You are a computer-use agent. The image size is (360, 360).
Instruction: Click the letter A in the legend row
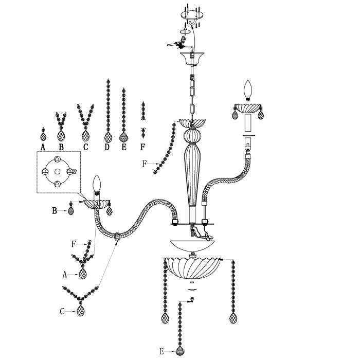(x=43, y=147)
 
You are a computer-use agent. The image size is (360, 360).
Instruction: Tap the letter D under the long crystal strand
(x=107, y=147)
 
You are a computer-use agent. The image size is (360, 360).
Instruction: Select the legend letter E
(x=124, y=147)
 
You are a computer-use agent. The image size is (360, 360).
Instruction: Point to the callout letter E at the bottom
(x=161, y=351)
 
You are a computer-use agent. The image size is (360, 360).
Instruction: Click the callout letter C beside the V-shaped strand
(x=62, y=312)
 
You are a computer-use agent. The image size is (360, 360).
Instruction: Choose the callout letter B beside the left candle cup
(x=55, y=210)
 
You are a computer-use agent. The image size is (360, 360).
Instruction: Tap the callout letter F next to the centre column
(x=144, y=164)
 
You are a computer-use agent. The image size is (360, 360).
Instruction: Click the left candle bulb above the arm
(x=97, y=183)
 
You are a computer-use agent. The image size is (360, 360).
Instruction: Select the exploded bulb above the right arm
(x=248, y=90)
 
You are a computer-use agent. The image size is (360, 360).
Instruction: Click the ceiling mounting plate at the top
(x=192, y=15)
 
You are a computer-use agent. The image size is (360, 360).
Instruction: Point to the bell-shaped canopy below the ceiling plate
(x=192, y=58)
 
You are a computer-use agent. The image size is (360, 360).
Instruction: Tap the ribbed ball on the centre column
(x=192, y=136)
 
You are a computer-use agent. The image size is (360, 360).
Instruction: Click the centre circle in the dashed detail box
(x=58, y=171)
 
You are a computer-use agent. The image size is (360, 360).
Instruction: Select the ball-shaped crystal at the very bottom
(x=180, y=351)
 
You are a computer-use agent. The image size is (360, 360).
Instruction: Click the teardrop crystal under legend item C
(x=86, y=135)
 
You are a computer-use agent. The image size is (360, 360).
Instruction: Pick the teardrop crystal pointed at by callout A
(x=83, y=274)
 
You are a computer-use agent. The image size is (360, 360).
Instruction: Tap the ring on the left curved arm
(x=117, y=237)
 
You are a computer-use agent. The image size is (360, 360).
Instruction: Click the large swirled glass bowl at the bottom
(x=192, y=268)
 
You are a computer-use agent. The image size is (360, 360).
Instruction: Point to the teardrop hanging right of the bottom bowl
(x=233, y=318)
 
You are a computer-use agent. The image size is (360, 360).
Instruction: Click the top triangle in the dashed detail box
(x=58, y=159)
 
